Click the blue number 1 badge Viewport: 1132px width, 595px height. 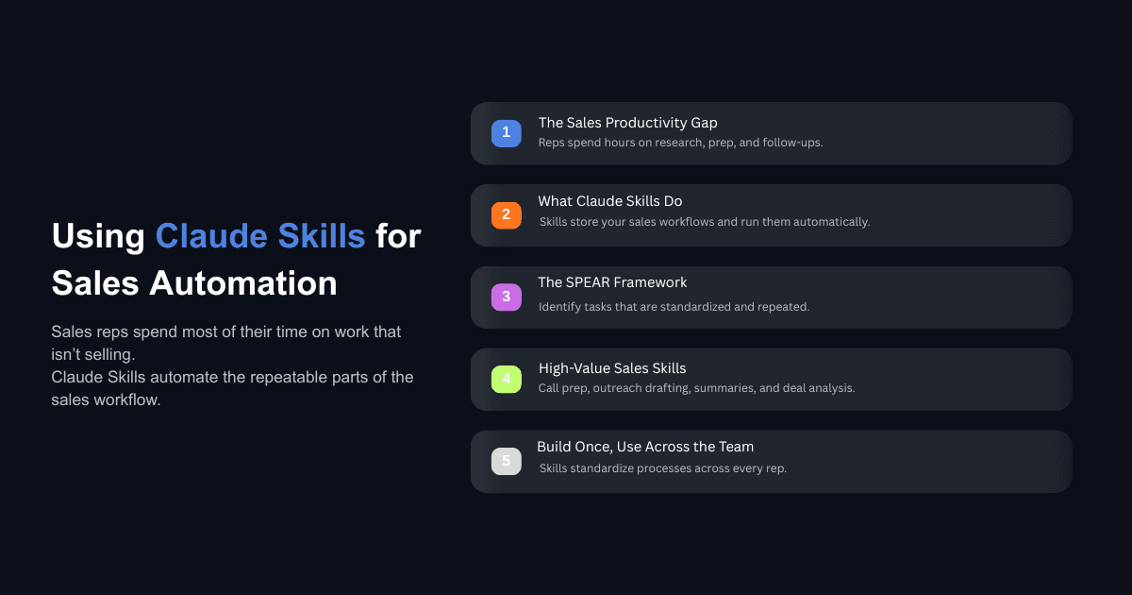[x=507, y=133]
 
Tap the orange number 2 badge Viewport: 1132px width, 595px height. [x=507, y=215]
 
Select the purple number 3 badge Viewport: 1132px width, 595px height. [x=507, y=297]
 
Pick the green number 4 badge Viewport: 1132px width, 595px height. [x=507, y=380]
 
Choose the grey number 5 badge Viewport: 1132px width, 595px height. [x=507, y=462]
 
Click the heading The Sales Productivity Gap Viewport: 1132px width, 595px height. [x=627, y=123]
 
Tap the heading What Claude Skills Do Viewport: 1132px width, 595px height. [x=609, y=201]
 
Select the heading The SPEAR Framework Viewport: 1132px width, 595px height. [x=612, y=282]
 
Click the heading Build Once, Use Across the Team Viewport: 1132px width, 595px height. [x=645, y=447]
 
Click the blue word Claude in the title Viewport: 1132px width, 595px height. [x=208, y=236]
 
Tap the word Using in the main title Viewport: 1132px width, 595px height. [x=98, y=236]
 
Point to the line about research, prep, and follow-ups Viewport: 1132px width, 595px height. [x=680, y=143]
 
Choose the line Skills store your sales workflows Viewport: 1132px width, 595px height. [x=704, y=222]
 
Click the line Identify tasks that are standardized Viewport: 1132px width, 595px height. [x=674, y=307]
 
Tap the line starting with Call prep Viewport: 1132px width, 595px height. [x=696, y=388]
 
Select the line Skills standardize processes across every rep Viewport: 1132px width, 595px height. [x=662, y=468]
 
